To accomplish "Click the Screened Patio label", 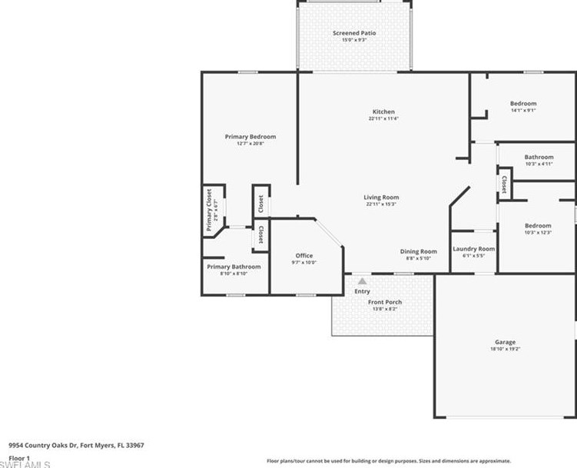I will [x=354, y=33].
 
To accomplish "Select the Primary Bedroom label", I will [x=250, y=137].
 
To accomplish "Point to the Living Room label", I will [x=382, y=197].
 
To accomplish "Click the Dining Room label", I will [x=418, y=251].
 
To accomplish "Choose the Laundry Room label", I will [x=473, y=249].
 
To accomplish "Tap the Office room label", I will [x=304, y=256].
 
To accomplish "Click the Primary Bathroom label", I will [x=234, y=267].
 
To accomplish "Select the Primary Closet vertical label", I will [x=209, y=208].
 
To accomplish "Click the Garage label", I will [x=505, y=342].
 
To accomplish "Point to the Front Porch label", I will [x=384, y=302].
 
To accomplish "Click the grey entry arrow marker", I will [x=362, y=282].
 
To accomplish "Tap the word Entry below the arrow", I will [x=362, y=291].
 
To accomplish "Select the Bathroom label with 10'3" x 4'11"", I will [x=539, y=158].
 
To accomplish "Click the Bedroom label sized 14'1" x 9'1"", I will [x=522, y=104].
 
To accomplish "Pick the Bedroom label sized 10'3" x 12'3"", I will [x=538, y=226].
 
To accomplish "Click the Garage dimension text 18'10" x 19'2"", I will [x=505, y=349].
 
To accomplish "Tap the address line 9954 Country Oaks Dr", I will [x=76, y=445].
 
